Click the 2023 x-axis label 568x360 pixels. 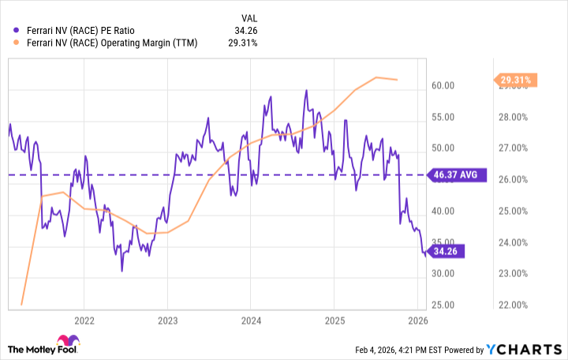tap(167, 320)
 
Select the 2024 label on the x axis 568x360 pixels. tap(250, 320)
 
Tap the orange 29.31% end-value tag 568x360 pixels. tap(517, 79)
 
